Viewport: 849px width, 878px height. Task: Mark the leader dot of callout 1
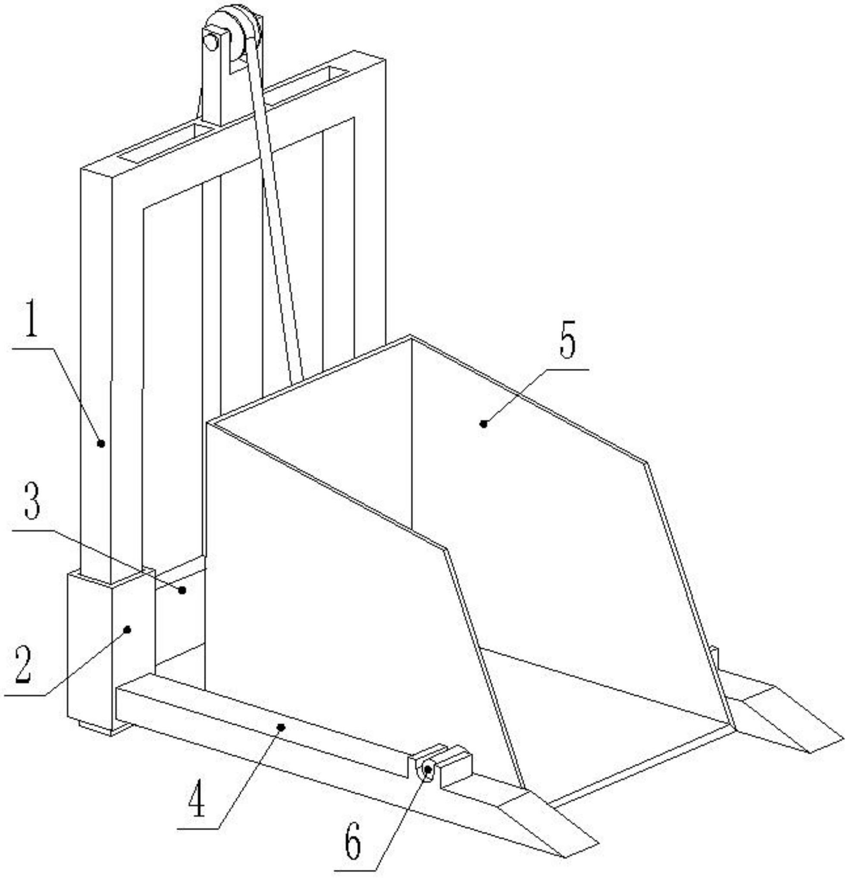pyautogui.click(x=101, y=443)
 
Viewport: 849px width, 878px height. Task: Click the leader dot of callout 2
pyautogui.click(x=127, y=630)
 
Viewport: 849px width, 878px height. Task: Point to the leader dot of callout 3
pyautogui.click(x=182, y=590)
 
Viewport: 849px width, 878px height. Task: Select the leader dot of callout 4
pyautogui.click(x=281, y=727)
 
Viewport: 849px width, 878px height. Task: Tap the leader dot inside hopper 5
pyautogui.click(x=483, y=423)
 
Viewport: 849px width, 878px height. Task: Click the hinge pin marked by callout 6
pyautogui.click(x=428, y=769)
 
